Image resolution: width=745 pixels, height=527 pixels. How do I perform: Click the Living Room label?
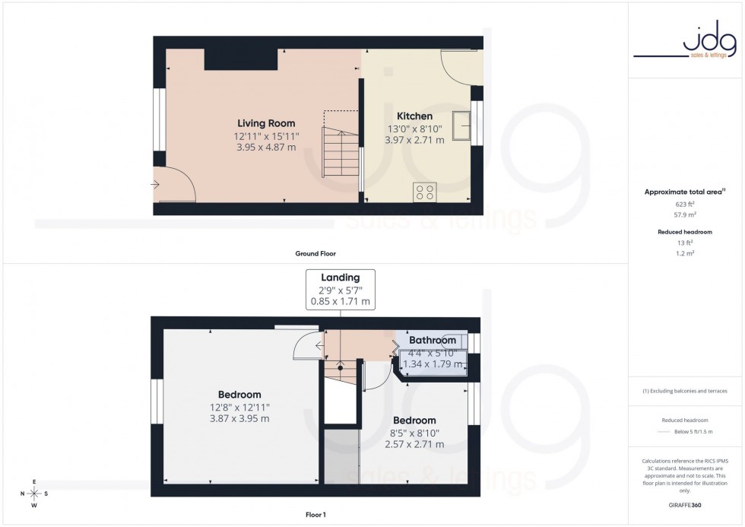coord(266,123)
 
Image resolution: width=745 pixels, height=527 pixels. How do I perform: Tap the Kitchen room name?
coord(414,116)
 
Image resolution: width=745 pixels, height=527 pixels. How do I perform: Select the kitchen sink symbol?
coord(461,125)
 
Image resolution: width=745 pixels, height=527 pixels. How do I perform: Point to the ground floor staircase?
coord(338,153)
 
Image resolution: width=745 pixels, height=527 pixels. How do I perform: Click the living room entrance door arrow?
coord(156,184)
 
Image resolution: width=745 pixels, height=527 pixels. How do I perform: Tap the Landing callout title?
coord(340,278)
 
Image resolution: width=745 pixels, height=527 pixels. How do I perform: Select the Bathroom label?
coord(433,340)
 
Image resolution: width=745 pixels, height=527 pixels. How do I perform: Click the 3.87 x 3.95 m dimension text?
coord(239,418)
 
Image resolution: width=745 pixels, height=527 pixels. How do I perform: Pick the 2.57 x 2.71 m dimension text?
coord(414,444)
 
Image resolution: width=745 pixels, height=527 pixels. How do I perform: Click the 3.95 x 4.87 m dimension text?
coord(266,148)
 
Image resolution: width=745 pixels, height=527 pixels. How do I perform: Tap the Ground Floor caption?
coord(315,253)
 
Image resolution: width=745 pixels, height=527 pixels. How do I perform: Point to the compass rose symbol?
coord(34,493)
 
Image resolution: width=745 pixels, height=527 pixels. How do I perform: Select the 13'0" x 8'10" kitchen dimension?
coord(414,129)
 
